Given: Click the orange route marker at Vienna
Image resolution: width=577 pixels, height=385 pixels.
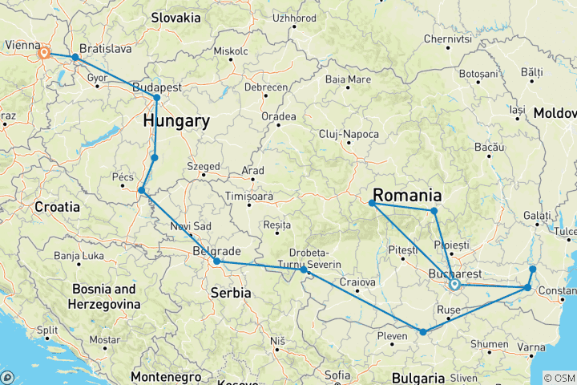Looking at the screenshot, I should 44,54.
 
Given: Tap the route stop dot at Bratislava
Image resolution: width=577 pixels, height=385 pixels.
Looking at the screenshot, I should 75,58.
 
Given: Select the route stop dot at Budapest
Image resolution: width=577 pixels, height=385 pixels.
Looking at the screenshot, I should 157,98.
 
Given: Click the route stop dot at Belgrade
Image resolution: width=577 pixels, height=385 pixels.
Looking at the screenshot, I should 217,261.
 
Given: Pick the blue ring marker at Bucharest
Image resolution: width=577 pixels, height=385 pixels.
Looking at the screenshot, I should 454,284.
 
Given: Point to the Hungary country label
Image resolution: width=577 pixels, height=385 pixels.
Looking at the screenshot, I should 176,122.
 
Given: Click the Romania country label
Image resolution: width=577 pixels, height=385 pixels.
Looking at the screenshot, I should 408,196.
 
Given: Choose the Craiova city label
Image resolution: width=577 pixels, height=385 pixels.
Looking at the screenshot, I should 357,282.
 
